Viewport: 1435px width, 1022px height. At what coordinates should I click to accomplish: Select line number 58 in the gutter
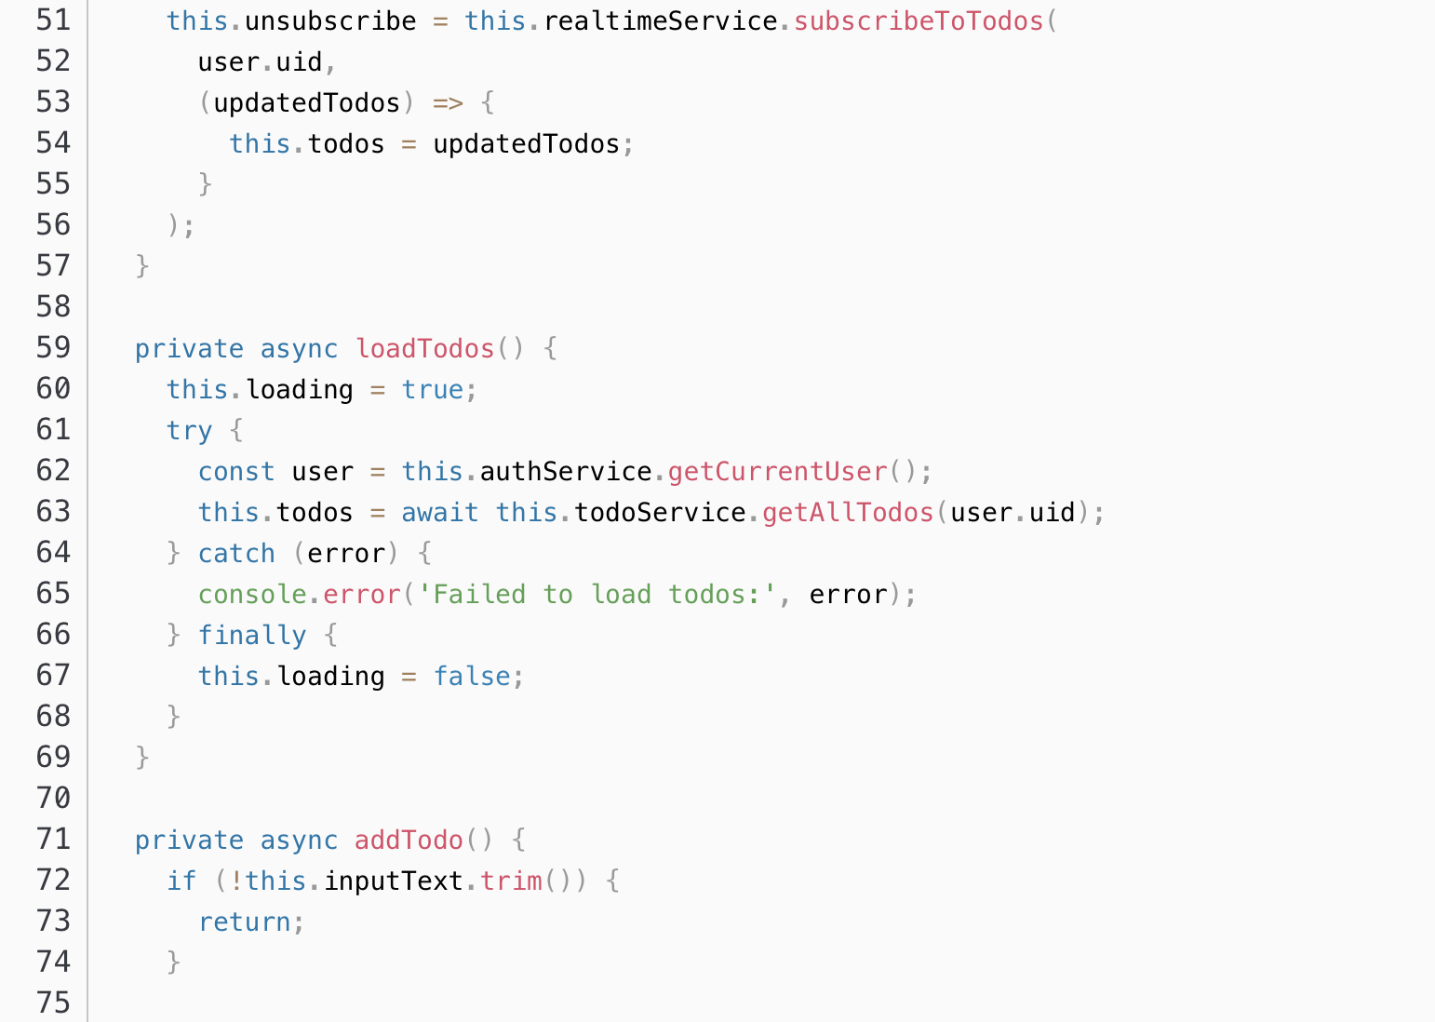tap(53, 306)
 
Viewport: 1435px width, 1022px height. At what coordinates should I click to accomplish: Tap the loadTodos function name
tap(425, 348)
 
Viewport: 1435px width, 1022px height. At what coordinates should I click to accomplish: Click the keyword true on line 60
tap(432, 389)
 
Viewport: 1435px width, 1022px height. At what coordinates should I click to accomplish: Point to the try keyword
tap(189, 430)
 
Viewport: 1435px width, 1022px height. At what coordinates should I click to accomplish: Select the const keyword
tap(236, 471)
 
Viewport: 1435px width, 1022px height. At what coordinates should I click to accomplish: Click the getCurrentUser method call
tap(777, 471)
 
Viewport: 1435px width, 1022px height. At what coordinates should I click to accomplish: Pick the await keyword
tap(439, 512)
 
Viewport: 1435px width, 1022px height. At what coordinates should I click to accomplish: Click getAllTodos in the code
tap(848, 512)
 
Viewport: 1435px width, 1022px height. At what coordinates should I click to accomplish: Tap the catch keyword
tap(236, 553)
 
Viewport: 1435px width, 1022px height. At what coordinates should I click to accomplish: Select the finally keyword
tap(252, 635)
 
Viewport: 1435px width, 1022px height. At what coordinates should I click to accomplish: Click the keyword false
tap(472, 676)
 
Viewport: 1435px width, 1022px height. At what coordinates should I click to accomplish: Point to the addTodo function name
tap(409, 840)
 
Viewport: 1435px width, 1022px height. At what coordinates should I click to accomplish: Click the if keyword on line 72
tap(181, 881)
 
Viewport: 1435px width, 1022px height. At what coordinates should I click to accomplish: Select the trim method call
tap(511, 881)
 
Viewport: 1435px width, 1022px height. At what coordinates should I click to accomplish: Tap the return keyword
tap(245, 921)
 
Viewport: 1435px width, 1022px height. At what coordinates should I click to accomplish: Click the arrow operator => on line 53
tap(448, 102)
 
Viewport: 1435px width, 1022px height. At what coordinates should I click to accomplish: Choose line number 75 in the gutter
tap(53, 1002)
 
